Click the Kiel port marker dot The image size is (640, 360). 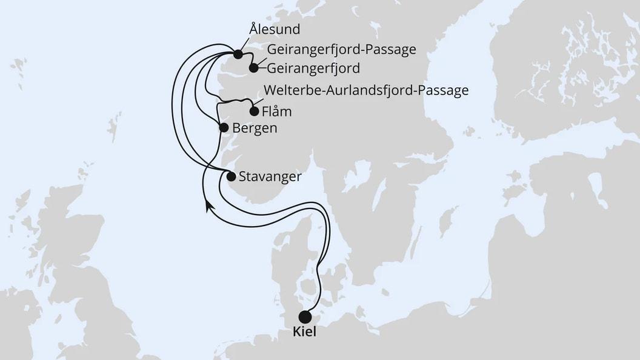[305, 317]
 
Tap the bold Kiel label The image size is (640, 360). [305, 333]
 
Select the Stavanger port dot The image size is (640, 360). [230, 177]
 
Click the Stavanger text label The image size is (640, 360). [270, 177]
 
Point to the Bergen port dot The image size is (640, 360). [223, 128]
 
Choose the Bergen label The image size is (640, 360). [255, 128]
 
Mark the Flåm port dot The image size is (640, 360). [255, 111]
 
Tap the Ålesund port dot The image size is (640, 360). [238, 54]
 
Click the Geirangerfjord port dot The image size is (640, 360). [254, 68]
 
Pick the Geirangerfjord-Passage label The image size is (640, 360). [341, 48]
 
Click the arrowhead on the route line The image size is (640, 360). [208, 206]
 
